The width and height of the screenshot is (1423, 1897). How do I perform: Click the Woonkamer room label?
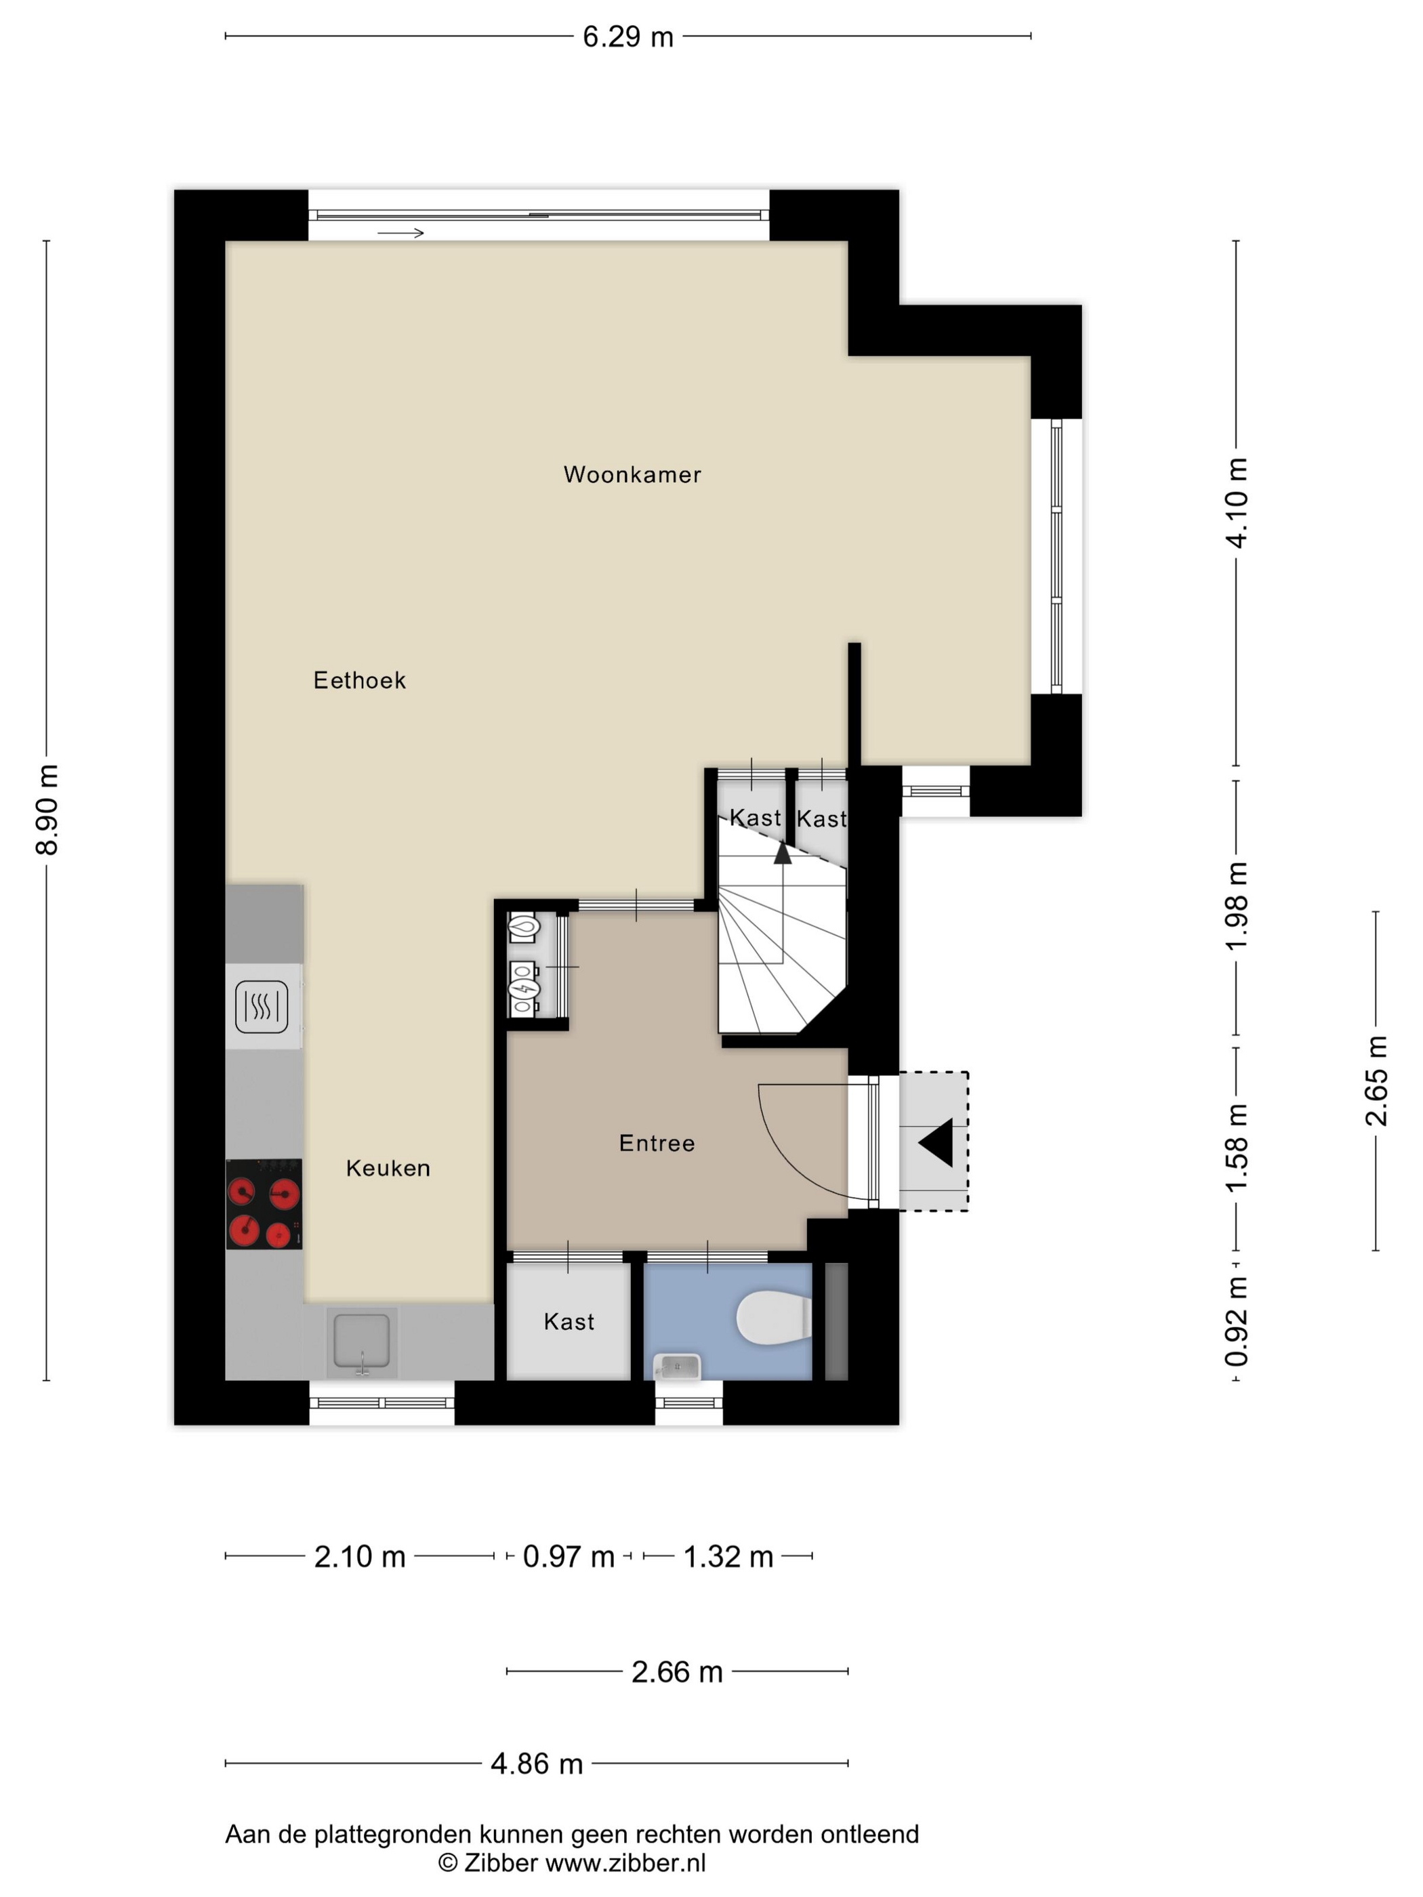(x=632, y=474)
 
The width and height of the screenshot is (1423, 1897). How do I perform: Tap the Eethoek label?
(x=359, y=680)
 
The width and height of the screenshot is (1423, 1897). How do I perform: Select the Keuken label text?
(x=388, y=1168)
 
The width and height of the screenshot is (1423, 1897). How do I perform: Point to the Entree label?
(x=657, y=1143)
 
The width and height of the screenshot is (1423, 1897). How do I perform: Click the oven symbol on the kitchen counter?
(x=262, y=1006)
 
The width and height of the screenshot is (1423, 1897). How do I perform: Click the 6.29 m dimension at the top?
(x=628, y=37)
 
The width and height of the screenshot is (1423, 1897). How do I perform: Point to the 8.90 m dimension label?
(x=47, y=810)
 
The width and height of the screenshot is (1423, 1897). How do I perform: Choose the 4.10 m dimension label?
(x=1237, y=503)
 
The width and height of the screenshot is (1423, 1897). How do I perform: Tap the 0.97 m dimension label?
(x=569, y=1556)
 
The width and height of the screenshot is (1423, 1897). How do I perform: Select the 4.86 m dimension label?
(x=537, y=1764)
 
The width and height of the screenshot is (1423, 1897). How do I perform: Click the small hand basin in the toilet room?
(x=677, y=1366)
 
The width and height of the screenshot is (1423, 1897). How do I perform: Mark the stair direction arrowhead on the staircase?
(x=782, y=852)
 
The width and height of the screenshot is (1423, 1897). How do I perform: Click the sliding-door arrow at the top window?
(x=400, y=233)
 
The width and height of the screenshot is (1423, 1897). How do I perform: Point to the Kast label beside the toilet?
(x=569, y=1322)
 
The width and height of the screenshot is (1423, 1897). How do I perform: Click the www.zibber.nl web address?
(x=625, y=1862)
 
